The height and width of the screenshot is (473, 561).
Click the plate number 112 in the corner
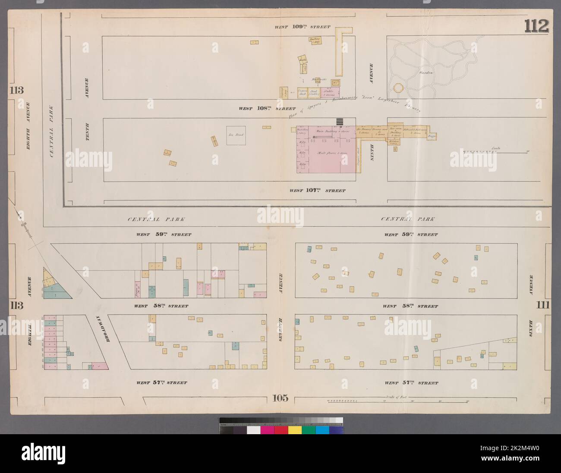point(536,26)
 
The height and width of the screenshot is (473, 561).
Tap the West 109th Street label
point(303,27)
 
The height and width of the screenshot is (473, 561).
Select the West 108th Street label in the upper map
point(267,109)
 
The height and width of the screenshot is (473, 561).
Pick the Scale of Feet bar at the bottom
point(397,401)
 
